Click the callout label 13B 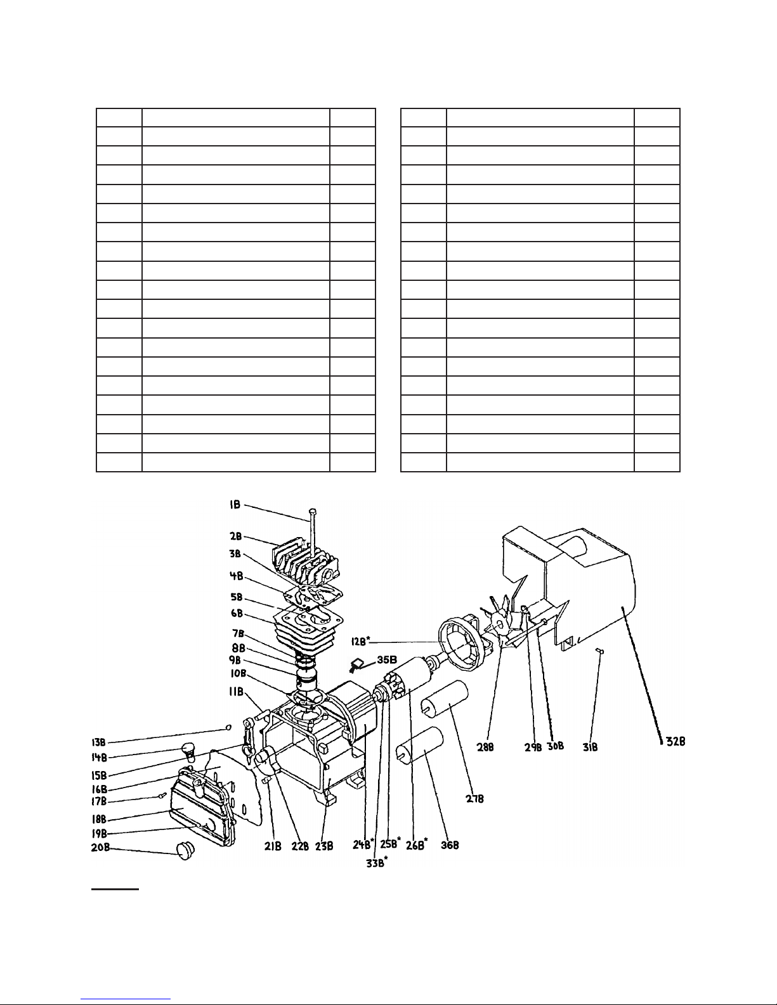pos(98,741)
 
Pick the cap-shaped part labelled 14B pos(188,749)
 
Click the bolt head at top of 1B pos(312,510)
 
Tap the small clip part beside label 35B pos(355,664)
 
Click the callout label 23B pos(325,845)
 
